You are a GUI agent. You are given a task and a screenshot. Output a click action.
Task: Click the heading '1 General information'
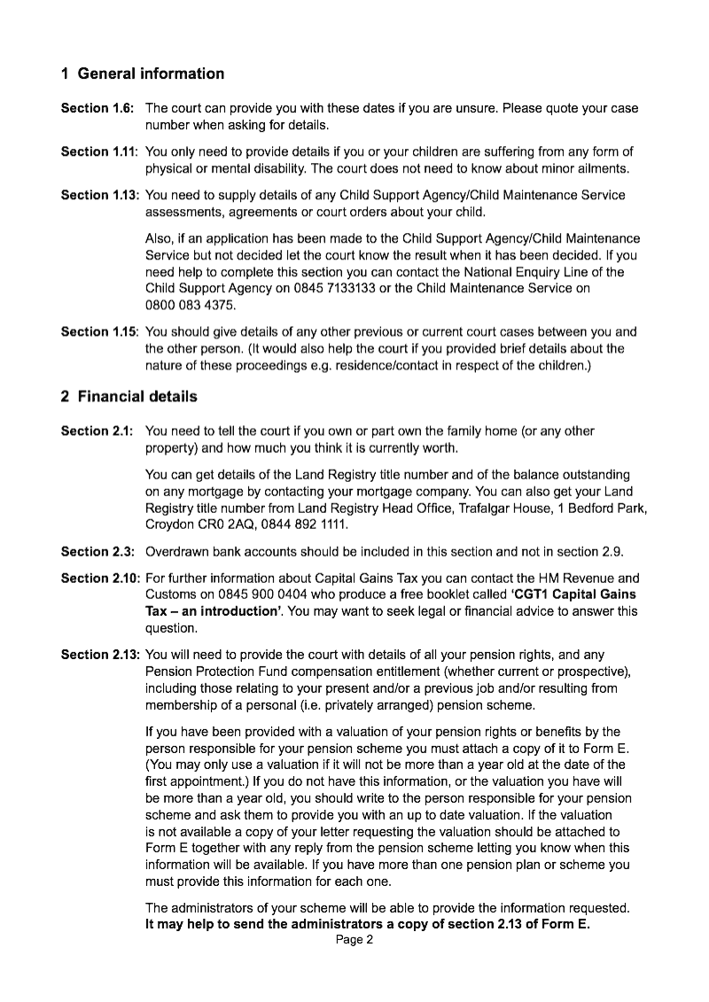[142, 74]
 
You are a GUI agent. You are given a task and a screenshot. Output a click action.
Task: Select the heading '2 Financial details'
[129, 396]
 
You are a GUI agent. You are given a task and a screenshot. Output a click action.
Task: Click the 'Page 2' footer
[354, 941]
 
